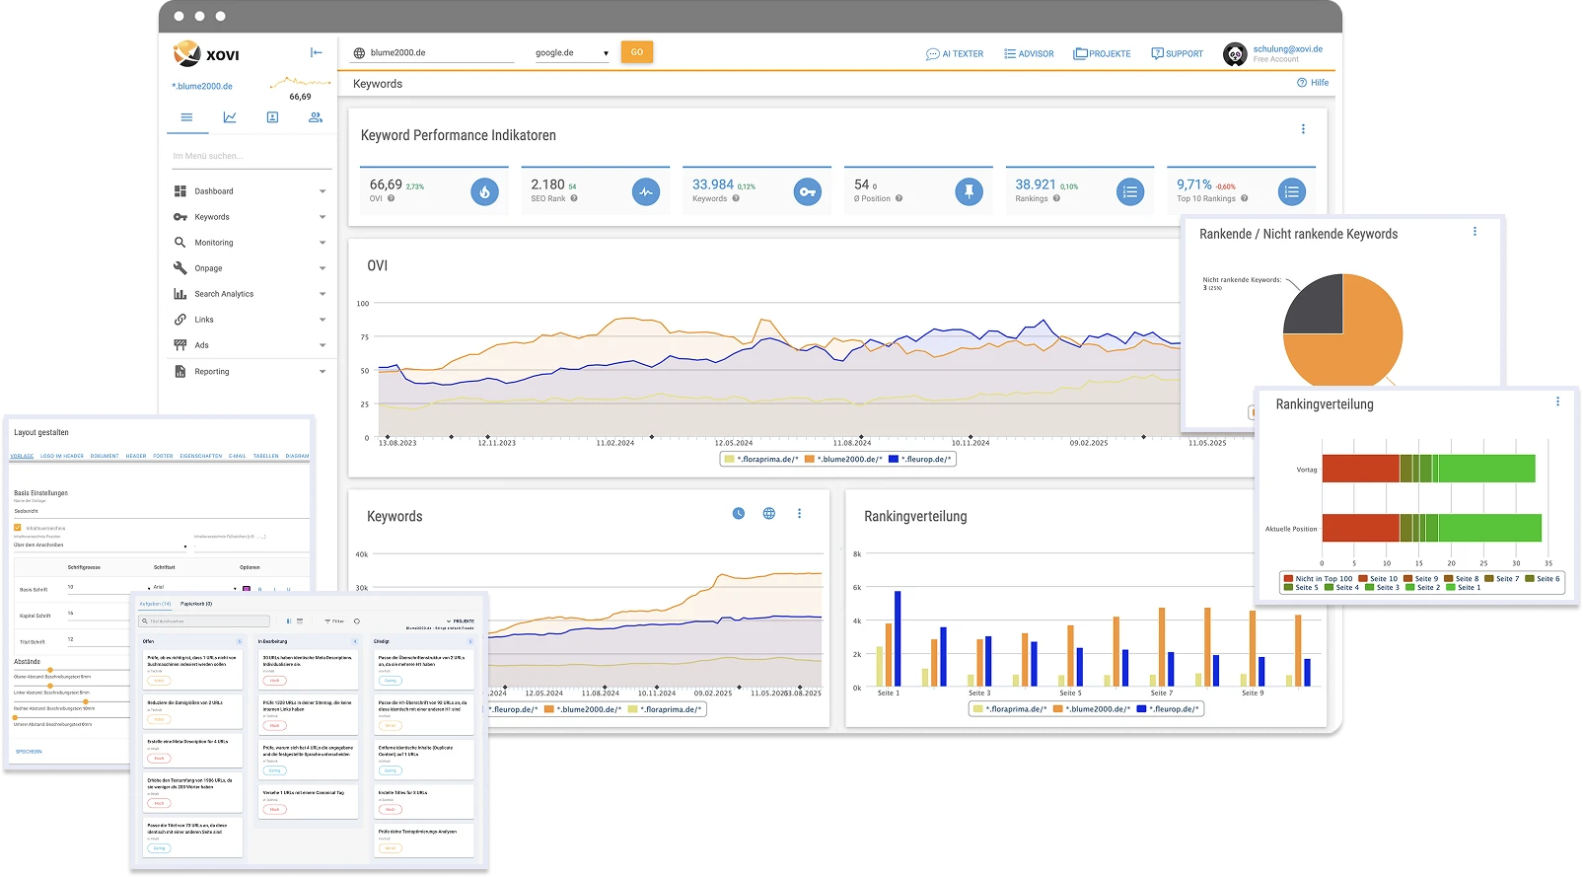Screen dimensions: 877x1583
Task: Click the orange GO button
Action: pos(636,52)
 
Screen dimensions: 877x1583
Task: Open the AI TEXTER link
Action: pos(955,54)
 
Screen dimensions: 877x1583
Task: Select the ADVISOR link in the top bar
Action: pos(1029,54)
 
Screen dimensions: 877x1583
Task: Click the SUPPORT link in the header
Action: pos(1177,54)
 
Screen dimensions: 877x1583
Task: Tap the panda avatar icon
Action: pos(1235,54)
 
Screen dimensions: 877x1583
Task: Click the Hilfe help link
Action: pos(1313,83)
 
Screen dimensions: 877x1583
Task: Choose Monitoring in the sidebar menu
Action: pos(214,243)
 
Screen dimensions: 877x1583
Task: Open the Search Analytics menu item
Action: pos(224,294)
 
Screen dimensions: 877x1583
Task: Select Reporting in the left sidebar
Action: pos(212,372)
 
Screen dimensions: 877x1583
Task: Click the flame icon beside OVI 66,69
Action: pos(484,192)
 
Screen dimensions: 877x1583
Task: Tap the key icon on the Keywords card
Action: pos(807,192)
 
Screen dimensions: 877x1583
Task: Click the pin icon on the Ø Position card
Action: pos(969,192)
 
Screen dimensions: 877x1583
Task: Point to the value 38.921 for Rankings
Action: pos(1036,184)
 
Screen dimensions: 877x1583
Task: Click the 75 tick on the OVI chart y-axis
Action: pos(363,337)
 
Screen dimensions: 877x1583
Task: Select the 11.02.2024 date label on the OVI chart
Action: pos(614,443)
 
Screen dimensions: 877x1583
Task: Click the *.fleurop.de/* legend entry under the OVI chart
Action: pos(920,460)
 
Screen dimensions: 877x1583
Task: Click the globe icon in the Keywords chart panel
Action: pos(769,514)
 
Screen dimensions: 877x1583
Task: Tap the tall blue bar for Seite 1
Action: pos(898,638)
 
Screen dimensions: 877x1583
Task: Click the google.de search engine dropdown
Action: pos(572,53)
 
